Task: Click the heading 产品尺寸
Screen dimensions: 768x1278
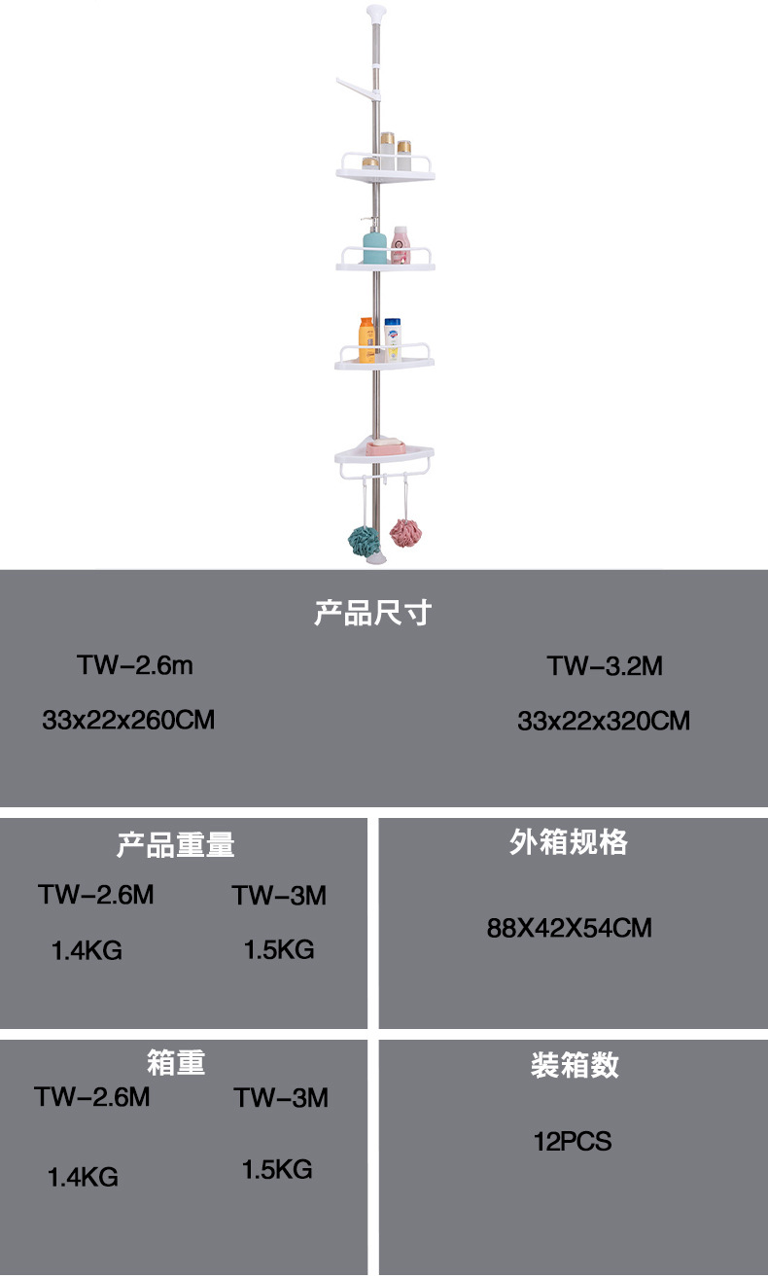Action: point(372,614)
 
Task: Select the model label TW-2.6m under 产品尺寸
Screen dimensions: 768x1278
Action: point(135,666)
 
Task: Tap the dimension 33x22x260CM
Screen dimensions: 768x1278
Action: point(128,721)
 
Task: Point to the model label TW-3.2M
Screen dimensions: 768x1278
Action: point(605,666)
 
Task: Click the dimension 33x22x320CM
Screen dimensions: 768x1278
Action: point(604,721)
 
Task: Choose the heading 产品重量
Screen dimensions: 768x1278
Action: point(176,844)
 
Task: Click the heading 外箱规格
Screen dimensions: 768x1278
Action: point(569,842)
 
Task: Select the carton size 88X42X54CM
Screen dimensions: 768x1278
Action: point(569,928)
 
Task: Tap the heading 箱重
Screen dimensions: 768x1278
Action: point(176,1061)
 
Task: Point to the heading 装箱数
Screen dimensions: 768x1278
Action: point(575,1065)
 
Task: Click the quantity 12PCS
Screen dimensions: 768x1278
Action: point(573,1141)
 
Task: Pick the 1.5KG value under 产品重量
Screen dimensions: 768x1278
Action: point(279,950)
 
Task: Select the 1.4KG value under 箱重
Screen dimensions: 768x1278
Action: point(84,1178)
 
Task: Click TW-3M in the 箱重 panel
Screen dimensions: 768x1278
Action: point(281,1098)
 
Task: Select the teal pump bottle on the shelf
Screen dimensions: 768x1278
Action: point(374,246)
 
